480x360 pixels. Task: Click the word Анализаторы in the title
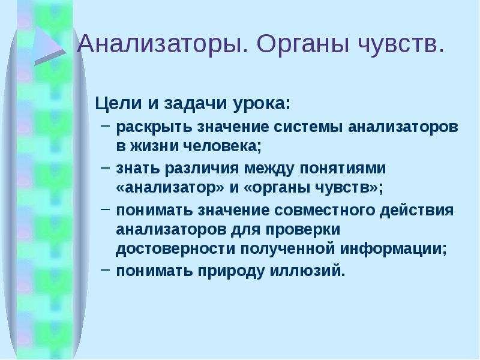163,44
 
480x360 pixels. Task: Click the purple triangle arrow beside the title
49,46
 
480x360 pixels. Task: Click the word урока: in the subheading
262,104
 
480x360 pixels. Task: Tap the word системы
308,127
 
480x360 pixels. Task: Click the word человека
223,146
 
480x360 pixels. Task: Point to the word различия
202,169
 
